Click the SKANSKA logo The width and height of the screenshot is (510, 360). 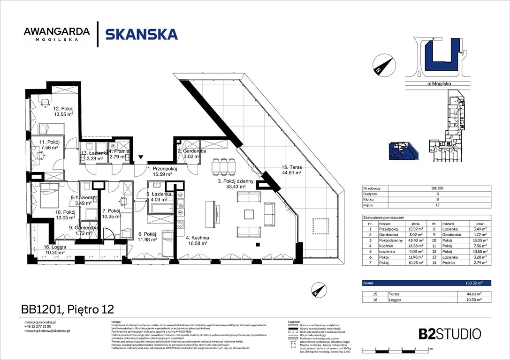pos(141,34)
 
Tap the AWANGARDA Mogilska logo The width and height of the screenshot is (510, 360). pos(57,34)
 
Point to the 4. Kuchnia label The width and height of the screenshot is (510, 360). pos(197,240)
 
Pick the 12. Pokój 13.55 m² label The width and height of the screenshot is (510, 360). pos(63,111)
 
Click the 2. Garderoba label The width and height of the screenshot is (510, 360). pos(191,154)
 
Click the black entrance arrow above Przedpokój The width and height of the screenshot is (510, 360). pos(142,157)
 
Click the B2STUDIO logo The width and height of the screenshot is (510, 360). pos(449,334)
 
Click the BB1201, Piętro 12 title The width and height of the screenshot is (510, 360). pos(68,309)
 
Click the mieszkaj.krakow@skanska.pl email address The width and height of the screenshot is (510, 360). pos(47,331)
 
